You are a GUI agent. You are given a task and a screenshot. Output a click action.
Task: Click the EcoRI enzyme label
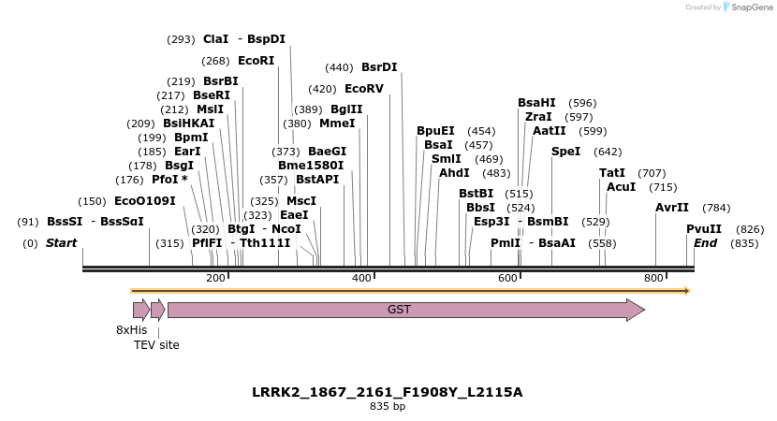pos(256,60)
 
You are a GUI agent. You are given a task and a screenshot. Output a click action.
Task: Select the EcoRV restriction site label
pos(364,89)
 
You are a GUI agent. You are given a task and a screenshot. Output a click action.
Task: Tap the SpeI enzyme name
pos(565,151)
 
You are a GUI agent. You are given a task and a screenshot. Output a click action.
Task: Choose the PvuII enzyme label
pos(704,228)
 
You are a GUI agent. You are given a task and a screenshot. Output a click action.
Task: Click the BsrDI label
pos(379,67)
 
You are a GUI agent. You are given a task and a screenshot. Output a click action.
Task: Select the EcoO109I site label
pos(144,200)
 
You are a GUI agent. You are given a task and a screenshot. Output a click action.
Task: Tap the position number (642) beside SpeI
pos(608,151)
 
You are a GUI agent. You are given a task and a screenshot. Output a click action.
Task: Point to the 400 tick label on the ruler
pos(361,278)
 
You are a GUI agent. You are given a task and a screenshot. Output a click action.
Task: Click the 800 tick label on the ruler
pos(653,278)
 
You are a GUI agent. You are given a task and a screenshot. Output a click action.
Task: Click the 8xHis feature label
pos(131,329)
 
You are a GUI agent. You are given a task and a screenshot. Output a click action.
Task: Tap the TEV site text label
pos(156,344)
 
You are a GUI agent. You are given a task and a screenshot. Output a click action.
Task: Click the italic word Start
pos(61,243)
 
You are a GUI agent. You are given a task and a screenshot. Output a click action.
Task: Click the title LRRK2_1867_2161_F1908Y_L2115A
pos(387,392)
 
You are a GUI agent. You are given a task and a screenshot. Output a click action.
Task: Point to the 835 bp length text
pos(387,407)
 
